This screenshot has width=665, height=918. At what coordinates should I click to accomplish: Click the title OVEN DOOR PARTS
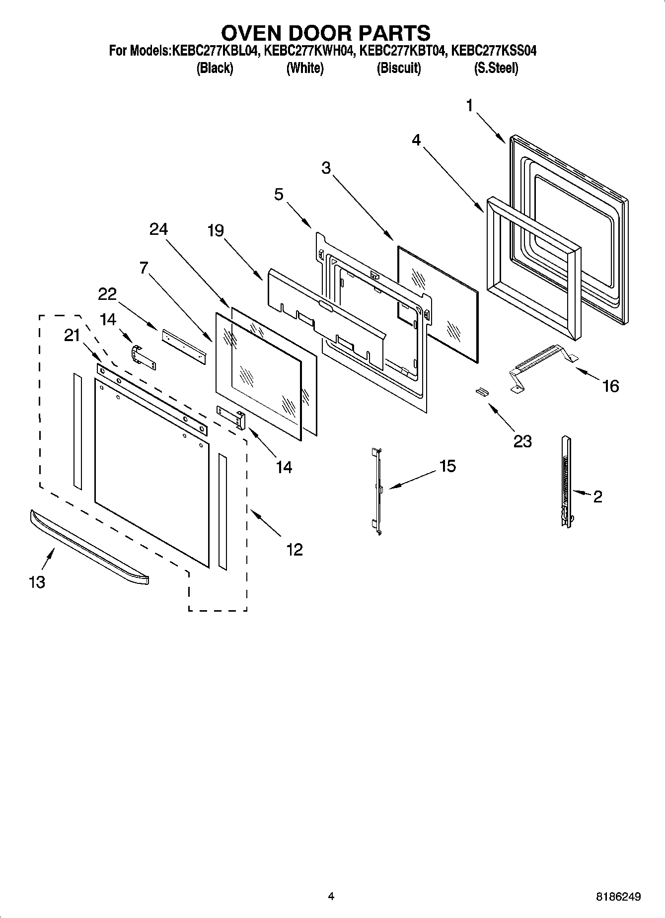click(325, 33)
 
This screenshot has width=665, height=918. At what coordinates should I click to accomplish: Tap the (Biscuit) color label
click(398, 68)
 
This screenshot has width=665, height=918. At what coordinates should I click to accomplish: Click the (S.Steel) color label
click(496, 68)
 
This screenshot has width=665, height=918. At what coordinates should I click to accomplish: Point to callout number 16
click(610, 386)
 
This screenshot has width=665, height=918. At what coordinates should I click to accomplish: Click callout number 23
click(522, 441)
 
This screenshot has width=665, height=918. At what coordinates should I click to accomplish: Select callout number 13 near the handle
click(37, 581)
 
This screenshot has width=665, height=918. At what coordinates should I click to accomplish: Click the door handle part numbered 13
click(89, 547)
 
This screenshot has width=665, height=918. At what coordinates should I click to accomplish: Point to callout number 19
click(216, 231)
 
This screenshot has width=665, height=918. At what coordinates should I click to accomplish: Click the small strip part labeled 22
click(183, 342)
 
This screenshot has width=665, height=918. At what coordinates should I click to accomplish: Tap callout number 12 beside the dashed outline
click(294, 549)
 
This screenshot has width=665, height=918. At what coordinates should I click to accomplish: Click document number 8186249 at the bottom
click(618, 897)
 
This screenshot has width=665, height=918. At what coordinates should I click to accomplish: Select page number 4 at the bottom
click(331, 896)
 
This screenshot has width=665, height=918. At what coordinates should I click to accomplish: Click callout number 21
click(72, 336)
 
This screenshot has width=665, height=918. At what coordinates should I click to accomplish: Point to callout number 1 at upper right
click(469, 105)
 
